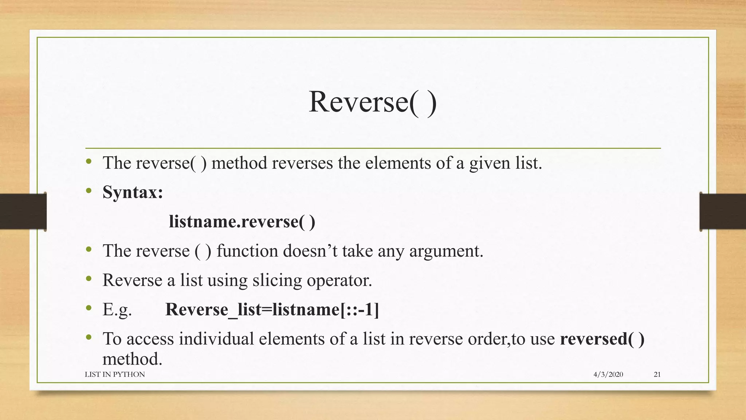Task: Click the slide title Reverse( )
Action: point(372,102)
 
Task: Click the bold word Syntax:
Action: point(133,192)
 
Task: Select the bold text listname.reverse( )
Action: point(242,222)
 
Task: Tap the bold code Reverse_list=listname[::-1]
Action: point(272,310)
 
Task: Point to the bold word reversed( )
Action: point(602,339)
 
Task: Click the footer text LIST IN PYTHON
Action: point(115,374)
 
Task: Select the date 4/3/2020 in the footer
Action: point(608,374)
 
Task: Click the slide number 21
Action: point(657,374)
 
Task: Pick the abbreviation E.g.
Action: point(117,310)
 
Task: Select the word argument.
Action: point(446,251)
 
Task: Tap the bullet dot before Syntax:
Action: point(89,191)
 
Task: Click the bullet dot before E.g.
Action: point(89,308)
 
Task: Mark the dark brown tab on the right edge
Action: point(723,211)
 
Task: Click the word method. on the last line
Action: point(132,359)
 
